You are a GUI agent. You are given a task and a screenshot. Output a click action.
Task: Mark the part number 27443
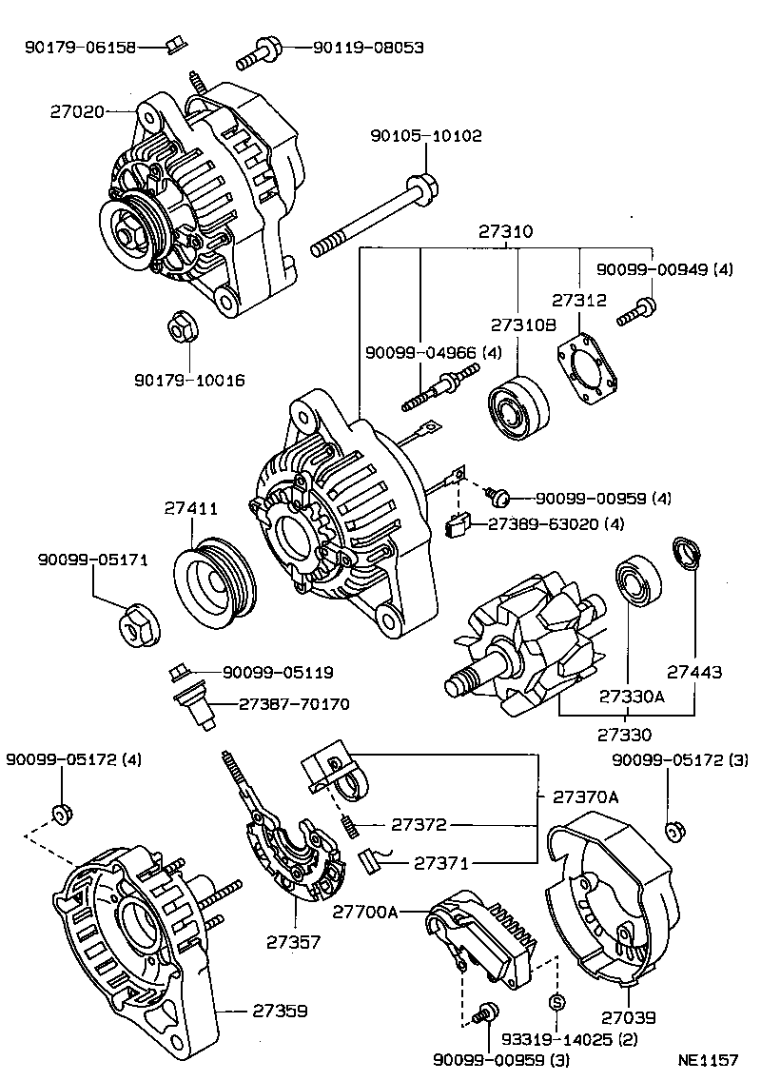693,672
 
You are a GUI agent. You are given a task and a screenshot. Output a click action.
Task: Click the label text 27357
294,941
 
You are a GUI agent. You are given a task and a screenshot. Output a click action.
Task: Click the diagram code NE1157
708,1059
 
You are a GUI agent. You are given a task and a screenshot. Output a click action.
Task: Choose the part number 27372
420,825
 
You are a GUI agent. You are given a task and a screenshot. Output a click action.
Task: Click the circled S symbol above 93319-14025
557,1002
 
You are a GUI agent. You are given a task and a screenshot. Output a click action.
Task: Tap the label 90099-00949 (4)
665,269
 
